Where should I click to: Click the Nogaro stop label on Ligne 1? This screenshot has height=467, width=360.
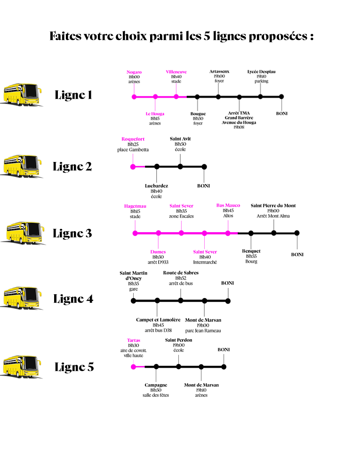[x=134, y=72]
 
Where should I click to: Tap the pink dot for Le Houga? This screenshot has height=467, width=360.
[x=155, y=97]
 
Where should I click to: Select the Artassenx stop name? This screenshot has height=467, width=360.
[x=219, y=72]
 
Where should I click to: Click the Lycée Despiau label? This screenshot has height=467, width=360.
[x=261, y=72]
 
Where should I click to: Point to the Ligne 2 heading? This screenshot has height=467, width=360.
[x=72, y=167]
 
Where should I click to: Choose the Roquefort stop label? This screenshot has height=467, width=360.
[x=133, y=139]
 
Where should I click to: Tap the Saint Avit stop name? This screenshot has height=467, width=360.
[x=180, y=138]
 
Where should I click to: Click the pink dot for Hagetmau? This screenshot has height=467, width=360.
[x=135, y=233]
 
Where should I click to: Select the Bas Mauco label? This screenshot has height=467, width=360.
[x=228, y=205]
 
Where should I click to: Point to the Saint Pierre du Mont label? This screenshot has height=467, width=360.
[x=273, y=205]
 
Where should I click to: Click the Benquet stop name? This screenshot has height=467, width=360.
[x=251, y=251]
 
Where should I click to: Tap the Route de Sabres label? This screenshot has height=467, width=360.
[x=181, y=273]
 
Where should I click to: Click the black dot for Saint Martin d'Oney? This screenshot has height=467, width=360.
[x=134, y=300]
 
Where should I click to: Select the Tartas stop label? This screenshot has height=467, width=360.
[x=134, y=340]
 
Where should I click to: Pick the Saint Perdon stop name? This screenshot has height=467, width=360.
[x=178, y=339]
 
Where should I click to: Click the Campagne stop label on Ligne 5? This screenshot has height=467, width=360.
[x=156, y=385]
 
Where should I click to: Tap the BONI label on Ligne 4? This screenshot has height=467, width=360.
[x=228, y=283]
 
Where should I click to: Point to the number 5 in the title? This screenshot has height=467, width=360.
[x=207, y=37]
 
